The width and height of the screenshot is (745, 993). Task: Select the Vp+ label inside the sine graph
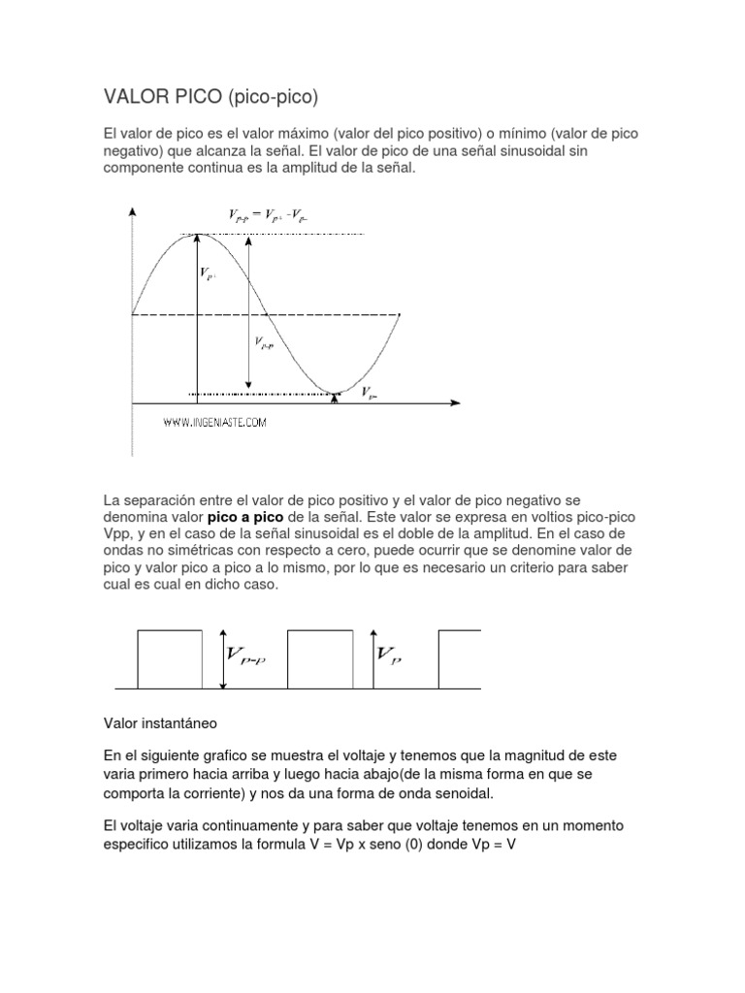coord(209,274)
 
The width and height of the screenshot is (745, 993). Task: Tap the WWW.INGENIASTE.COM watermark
coord(213,422)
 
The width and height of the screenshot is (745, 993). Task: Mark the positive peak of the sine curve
coord(197,234)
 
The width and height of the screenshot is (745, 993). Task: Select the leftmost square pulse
coord(170,659)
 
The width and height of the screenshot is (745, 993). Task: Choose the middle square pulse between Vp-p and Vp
coord(320,659)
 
